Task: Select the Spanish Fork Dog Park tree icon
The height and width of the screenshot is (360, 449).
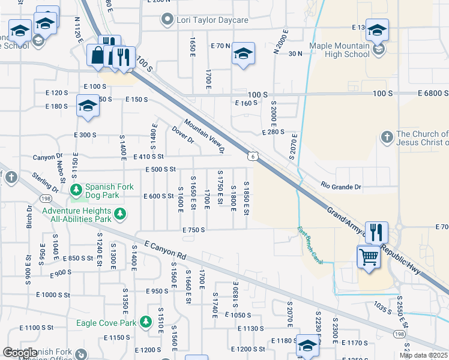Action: (76, 190)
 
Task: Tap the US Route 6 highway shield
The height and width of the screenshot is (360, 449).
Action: (255, 156)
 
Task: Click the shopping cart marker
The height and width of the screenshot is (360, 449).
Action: (369, 258)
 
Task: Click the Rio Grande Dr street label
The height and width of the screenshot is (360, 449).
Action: (340, 187)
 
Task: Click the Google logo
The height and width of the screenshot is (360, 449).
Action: (20, 353)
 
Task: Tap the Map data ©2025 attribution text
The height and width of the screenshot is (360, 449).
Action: (424, 355)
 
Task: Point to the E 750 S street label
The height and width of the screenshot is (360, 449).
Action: (194, 230)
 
